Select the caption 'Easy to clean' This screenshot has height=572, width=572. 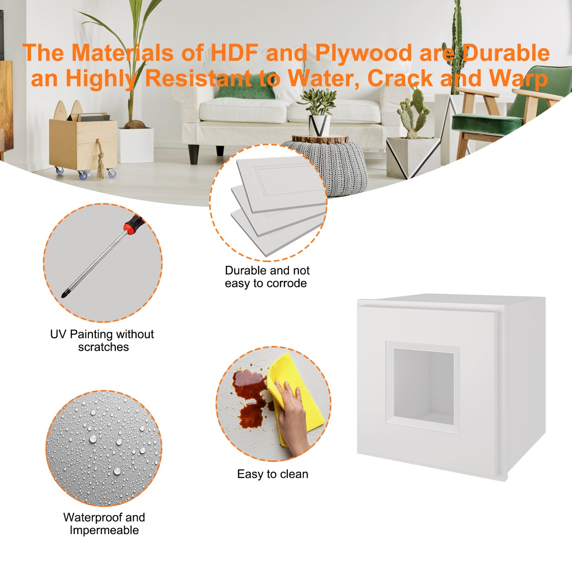272,474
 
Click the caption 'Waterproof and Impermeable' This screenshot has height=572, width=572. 104,524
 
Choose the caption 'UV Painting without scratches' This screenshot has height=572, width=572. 102,340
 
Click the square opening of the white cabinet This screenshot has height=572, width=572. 423,386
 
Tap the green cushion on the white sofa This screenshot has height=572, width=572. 246,86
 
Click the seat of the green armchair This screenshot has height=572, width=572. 487,122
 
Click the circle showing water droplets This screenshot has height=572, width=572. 104,448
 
